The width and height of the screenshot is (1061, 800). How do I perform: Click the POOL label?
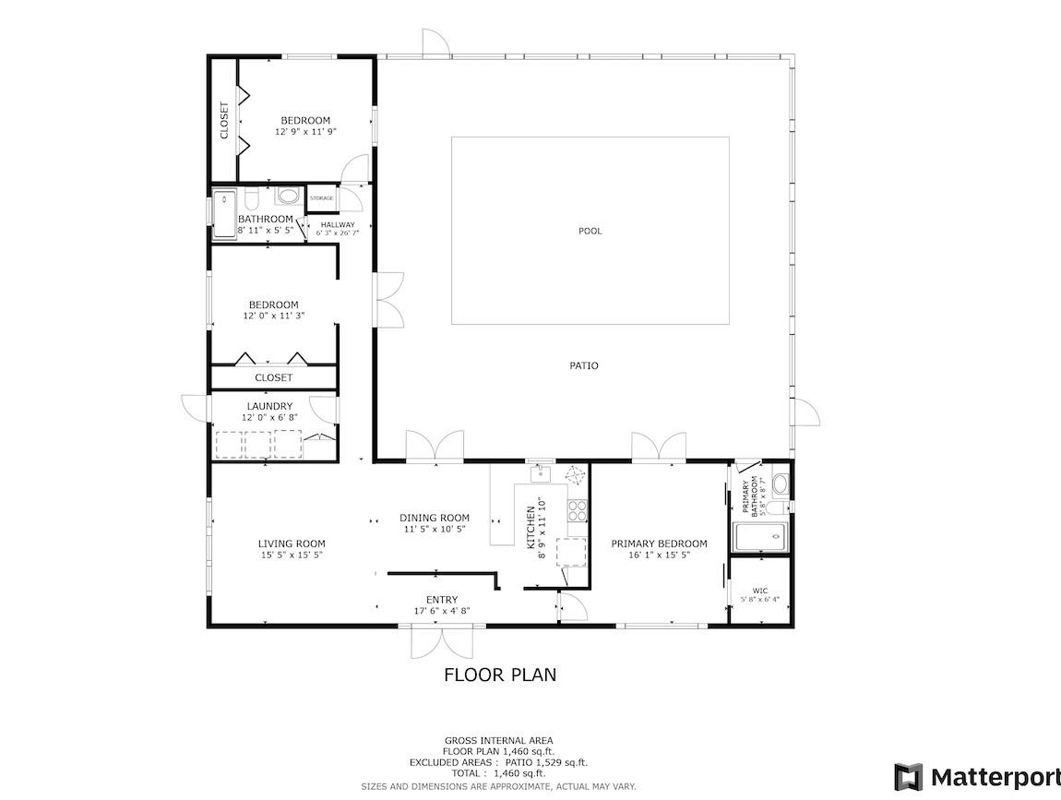pos(590,231)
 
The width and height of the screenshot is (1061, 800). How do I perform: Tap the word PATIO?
pos(583,365)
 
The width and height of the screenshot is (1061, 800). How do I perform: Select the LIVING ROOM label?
pos(292,543)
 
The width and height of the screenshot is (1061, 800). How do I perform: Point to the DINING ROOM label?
pos(435,518)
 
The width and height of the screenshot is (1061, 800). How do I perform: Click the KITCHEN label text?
pos(531,528)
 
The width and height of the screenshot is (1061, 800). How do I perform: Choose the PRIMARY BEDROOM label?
pos(659,543)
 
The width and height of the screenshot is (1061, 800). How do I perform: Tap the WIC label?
pos(760,591)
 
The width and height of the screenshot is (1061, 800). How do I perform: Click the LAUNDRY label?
pos(270,406)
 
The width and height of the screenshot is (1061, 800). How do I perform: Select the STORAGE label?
pos(321,198)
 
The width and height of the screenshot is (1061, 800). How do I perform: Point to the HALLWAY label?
pos(338,225)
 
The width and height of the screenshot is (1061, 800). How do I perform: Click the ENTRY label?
pos(442,600)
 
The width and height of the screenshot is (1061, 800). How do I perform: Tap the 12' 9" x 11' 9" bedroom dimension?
pos(306,132)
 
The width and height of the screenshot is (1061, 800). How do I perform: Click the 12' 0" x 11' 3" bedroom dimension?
pos(274,316)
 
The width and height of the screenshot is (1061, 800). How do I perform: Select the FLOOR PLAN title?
pos(500,675)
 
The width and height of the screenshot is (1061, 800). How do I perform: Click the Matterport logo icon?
pos(908,777)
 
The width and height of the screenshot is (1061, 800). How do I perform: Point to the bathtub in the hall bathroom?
pos(224,215)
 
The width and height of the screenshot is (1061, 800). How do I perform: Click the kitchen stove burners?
pos(578,509)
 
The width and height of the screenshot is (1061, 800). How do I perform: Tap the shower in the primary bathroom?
pos(760,537)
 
